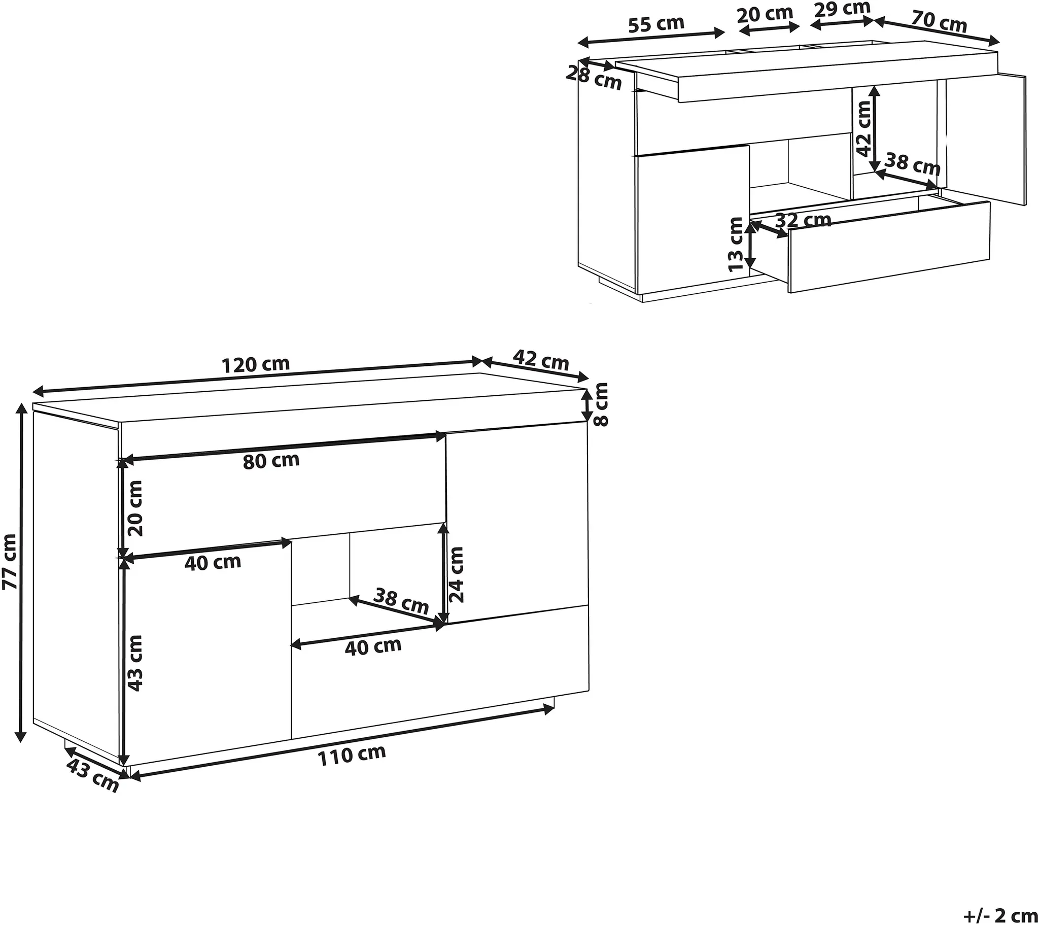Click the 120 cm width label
tap(256, 364)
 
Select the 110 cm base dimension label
tap(352, 755)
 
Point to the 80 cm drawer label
tap(271, 461)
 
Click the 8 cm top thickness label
tap(600, 405)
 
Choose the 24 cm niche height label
tap(457, 574)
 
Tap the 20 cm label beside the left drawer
tap(135, 508)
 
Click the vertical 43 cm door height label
tap(135, 663)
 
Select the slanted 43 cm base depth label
tap(92, 775)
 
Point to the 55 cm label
tap(656, 24)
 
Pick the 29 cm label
tap(841, 9)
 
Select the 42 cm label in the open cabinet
tap(863, 128)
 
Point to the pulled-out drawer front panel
tap(889, 247)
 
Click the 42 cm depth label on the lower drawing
tap(540, 360)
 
